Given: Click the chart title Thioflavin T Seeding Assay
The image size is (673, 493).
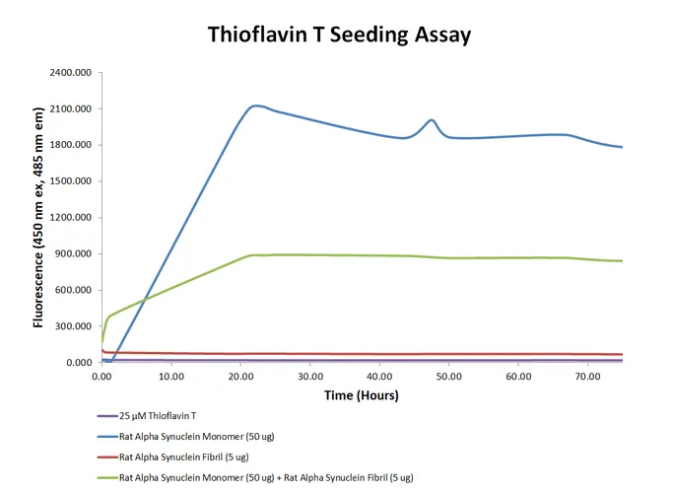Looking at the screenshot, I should [339, 35].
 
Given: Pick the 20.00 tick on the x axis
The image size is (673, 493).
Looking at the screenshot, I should [240, 376].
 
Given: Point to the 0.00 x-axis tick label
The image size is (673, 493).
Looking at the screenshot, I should [101, 376].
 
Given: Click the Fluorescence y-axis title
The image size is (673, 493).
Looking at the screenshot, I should [37, 218].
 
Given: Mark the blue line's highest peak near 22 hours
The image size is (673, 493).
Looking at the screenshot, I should [256, 106].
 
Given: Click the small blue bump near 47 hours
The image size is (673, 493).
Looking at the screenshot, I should [432, 120].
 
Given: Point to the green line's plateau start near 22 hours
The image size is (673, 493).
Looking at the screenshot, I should [254, 255].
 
